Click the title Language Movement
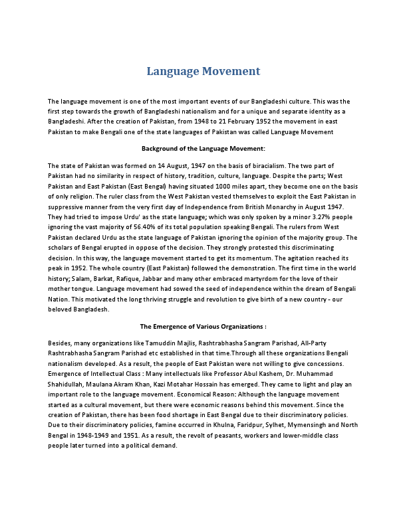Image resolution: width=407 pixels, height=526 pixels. pyautogui.click(x=203, y=71)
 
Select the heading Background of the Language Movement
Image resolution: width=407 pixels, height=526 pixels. pyautogui.click(x=203, y=149)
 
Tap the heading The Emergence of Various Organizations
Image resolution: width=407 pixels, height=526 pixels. pyautogui.click(x=203, y=327)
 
